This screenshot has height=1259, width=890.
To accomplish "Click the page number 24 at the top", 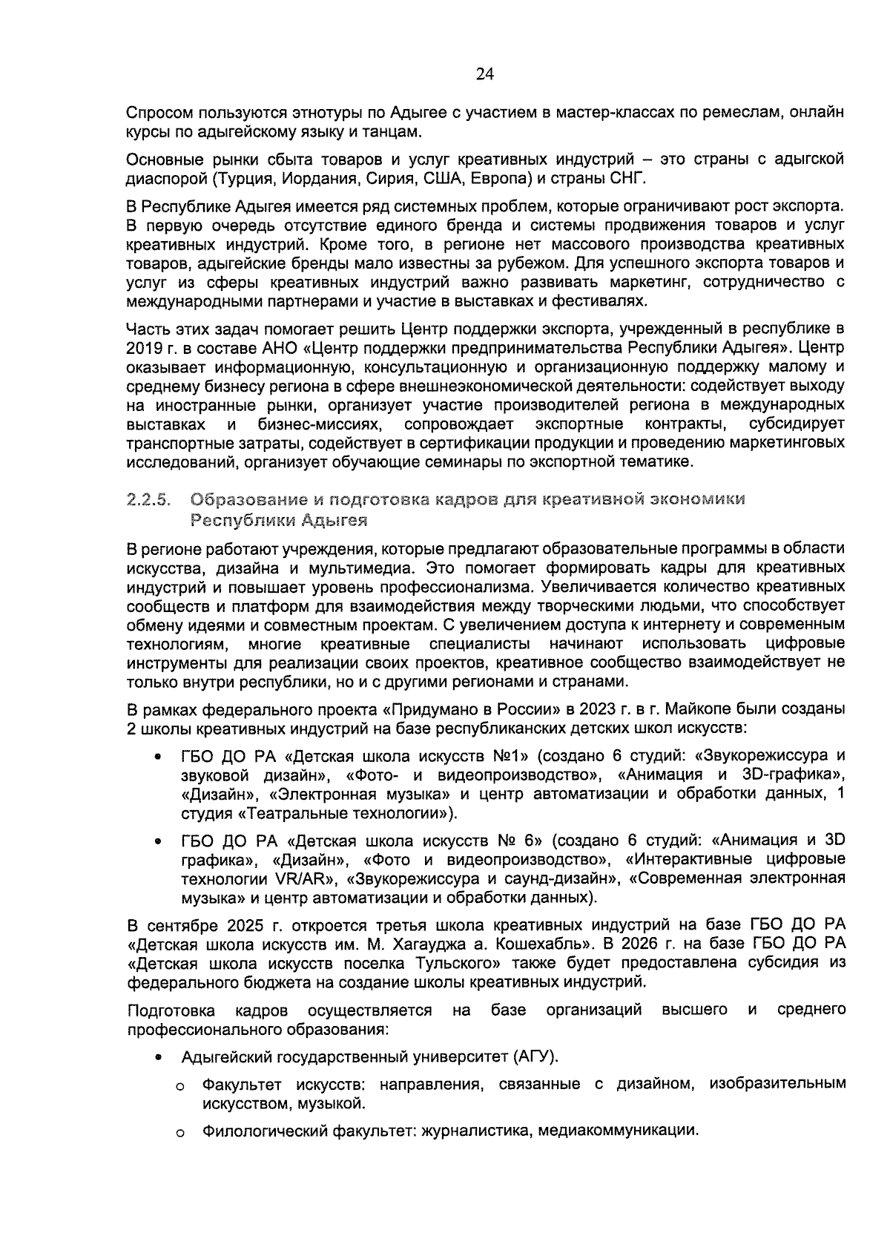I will coord(484,73).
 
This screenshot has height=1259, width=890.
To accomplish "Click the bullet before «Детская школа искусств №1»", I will coord(158,757).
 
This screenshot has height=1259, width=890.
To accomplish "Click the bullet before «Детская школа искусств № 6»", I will coord(158,841).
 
